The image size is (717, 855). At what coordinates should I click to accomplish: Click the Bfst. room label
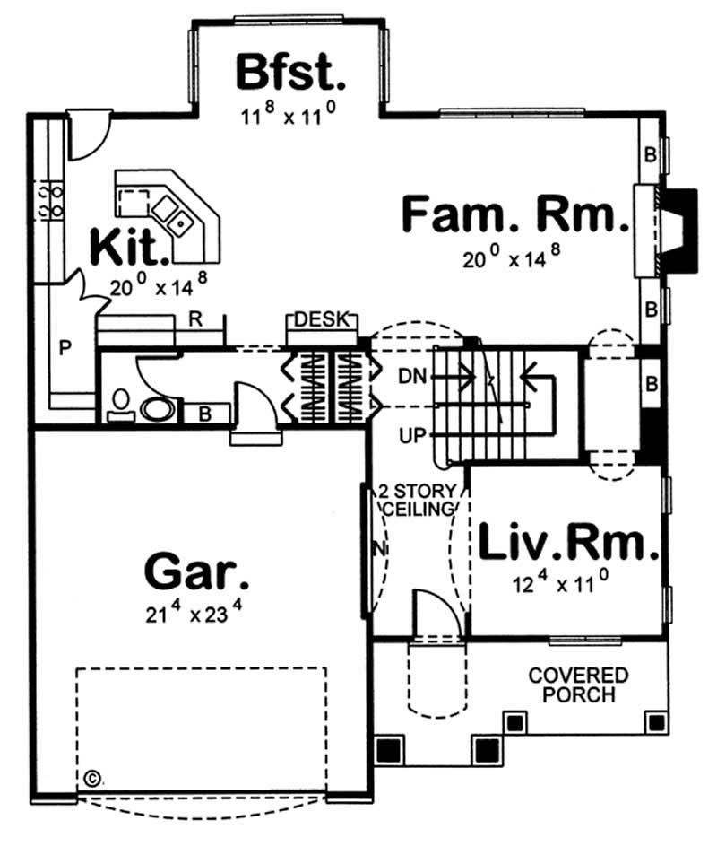coord(289,72)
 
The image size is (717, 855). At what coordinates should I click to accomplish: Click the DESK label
coord(323,320)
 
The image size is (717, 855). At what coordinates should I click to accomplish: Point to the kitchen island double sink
coord(175,214)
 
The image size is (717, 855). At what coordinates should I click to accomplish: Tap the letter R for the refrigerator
coord(194,317)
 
